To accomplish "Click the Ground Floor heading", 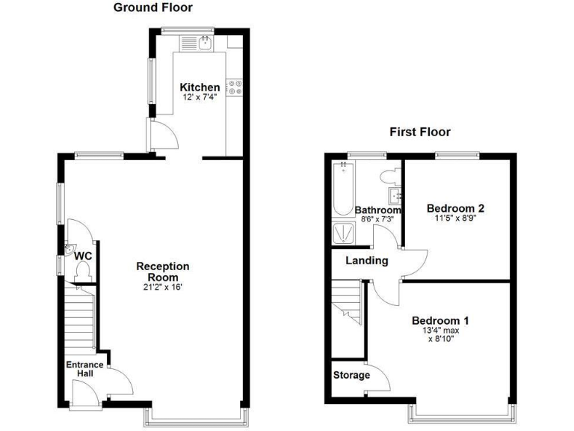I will click(152, 8).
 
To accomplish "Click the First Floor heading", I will click(419, 132).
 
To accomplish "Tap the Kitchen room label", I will click(200, 88).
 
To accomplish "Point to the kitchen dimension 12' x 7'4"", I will click(200, 97).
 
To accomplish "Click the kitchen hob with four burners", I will click(238, 87).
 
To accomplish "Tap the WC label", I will click(82, 256).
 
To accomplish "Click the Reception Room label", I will click(163, 272).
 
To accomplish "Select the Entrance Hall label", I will click(84, 370).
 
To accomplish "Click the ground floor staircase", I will click(78, 319).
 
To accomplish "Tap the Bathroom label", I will click(377, 210).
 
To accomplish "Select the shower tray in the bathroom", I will click(344, 234).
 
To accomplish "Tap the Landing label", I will click(366, 261).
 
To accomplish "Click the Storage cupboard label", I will click(351, 375).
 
